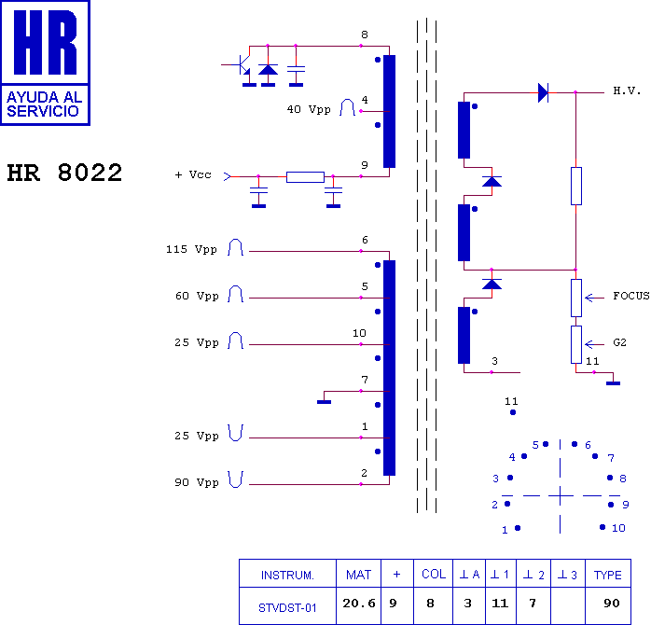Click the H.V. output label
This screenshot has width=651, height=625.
click(627, 90)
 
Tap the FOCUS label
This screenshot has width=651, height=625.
click(631, 296)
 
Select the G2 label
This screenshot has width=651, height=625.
click(619, 342)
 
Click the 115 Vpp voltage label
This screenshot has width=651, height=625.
click(191, 249)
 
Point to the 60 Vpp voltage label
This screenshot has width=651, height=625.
click(197, 296)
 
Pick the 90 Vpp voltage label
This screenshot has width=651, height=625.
click(197, 482)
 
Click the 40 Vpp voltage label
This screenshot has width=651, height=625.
click(309, 110)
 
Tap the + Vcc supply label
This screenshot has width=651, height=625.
click(193, 174)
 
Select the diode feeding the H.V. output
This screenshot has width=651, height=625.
click(543, 92)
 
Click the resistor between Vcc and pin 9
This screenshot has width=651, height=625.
click(305, 177)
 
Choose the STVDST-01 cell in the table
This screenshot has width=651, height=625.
click(287, 608)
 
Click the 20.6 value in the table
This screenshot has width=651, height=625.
click(359, 603)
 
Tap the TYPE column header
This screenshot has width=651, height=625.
click(607, 576)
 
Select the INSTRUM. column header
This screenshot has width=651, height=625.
click(287, 576)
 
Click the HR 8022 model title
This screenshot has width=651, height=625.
click(64, 173)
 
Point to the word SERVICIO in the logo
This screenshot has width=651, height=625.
click(43, 111)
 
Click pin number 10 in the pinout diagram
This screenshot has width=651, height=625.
click(618, 528)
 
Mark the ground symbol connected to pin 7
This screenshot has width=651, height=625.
click(324, 401)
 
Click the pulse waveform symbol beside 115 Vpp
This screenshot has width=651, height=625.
click(235, 247)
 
